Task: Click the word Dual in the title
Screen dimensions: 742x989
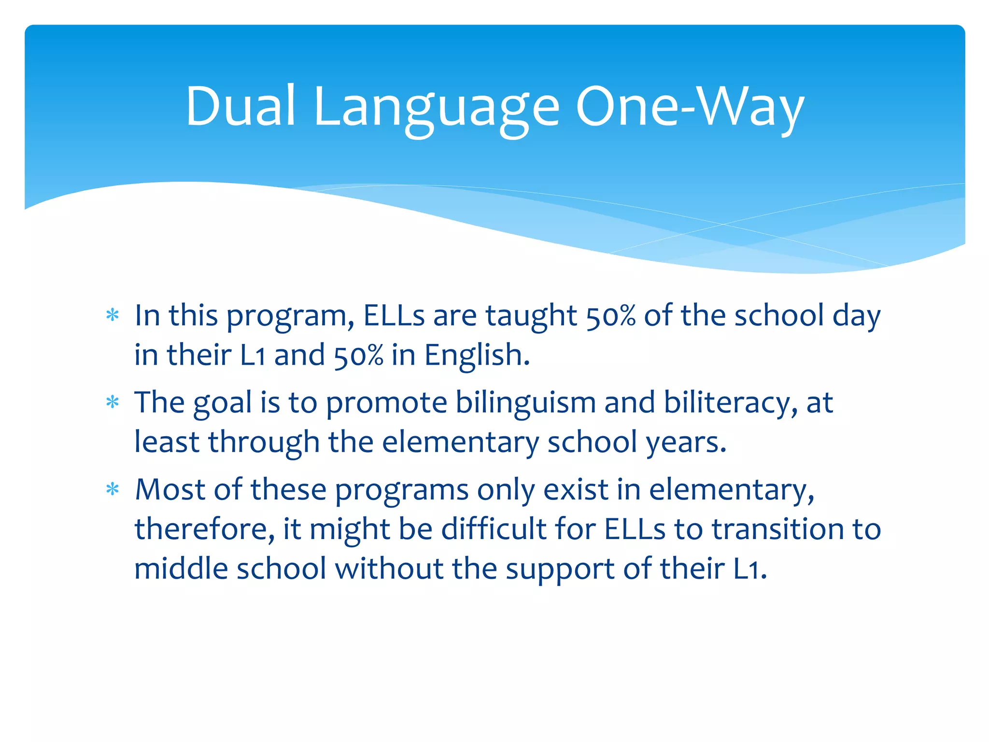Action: (x=240, y=106)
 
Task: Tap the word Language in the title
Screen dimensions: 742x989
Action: (x=437, y=109)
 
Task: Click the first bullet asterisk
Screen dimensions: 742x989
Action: (x=113, y=316)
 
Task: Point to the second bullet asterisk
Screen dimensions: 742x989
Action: (x=113, y=402)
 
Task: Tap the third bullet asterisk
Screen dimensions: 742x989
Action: (x=113, y=490)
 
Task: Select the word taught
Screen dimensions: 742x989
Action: (x=531, y=317)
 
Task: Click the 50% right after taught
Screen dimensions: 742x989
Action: (x=610, y=317)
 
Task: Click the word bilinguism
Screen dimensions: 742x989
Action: (x=525, y=403)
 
